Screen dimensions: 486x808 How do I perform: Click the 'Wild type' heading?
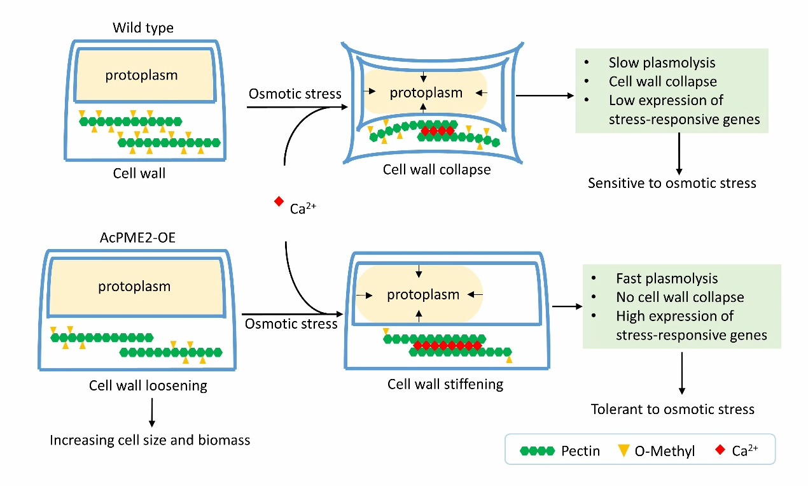point(143,27)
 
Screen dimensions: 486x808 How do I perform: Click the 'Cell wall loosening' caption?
point(148,386)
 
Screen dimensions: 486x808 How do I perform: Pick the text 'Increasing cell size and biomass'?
point(150,440)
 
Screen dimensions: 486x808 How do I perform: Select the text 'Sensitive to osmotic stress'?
point(672,183)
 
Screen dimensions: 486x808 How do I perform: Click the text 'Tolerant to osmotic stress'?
point(672,409)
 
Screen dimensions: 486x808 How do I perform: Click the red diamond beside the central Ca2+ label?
point(279,202)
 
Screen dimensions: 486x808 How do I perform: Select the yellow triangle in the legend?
point(623,450)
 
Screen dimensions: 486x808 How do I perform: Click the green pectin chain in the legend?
point(537,451)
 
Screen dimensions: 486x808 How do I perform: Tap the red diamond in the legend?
point(720,450)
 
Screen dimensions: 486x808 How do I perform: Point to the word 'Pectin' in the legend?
point(580,451)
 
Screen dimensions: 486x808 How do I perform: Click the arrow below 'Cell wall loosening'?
point(151,412)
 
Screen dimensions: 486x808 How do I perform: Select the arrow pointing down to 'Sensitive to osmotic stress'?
point(679,153)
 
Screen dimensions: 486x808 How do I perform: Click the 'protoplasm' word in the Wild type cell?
point(141,75)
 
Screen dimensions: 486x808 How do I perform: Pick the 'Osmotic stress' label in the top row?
point(295,94)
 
